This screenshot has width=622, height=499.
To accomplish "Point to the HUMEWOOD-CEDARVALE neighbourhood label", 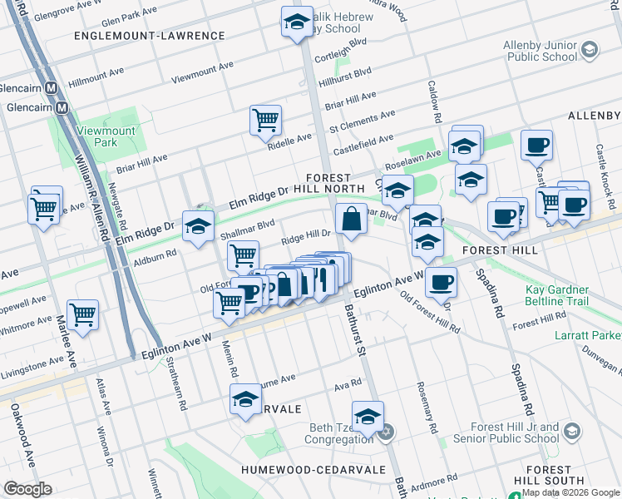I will (313, 470).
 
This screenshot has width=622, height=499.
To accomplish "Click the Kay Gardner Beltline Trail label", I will (571, 295).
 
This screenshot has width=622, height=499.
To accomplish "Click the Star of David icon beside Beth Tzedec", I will (385, 433).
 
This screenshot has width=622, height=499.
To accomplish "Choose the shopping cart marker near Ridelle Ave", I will (265, 120).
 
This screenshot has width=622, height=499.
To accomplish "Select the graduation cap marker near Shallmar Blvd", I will (198, 226).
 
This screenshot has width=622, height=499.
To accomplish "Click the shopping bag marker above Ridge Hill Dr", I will (352, 220).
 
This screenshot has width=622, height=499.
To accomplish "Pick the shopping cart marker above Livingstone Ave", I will (82, 314).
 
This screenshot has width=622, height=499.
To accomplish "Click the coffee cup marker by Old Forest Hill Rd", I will (441, 282).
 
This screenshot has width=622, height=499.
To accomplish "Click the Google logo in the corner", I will (27, 489).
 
